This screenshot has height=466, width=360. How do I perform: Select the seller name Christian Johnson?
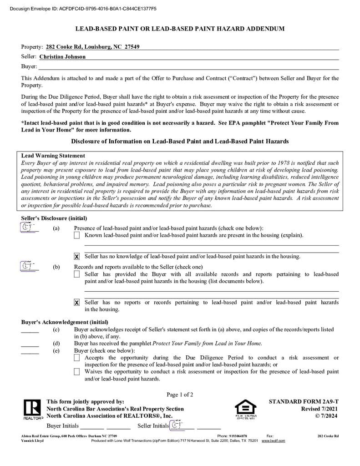pyautogui.click(x=62, y=57)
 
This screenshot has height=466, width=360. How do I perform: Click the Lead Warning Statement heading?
pyautogui.click(x=53, y=156)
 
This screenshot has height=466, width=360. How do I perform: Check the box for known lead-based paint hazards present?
pyautogui.click(x=76, y=235)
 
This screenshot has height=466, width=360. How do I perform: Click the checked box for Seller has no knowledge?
pyautogui.click(x=76, y=257)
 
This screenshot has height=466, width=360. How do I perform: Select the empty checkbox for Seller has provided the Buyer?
pyautogui.click(x=76, y=274)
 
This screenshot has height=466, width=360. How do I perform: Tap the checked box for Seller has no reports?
pyautogui.click(x=76, y=303)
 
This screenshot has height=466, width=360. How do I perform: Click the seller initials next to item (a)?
pyautogui.click(x=29, y=228)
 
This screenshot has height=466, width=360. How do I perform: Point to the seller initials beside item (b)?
pyautogui.click(x=29, y=266)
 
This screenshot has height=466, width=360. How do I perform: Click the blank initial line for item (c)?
pyautogui.click(x=30, y=332)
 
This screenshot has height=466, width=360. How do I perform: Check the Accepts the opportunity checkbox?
pyautogui.click(x=76, y=358)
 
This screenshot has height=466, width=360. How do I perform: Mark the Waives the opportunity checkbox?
pyautogui.click(x=76, y=372)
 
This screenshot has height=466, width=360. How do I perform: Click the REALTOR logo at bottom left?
pyautogui.click(x=32, y=409)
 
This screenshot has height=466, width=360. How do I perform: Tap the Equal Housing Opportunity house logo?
pyautogui.click(x=245, y=409)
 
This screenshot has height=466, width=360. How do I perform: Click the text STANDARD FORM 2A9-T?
pyautogui.click(x=304, y=402)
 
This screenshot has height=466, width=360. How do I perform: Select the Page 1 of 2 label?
pyautogui.click(x=180, y=395)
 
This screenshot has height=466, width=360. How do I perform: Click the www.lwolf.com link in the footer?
pyautogui.click(x=273, y=441)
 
